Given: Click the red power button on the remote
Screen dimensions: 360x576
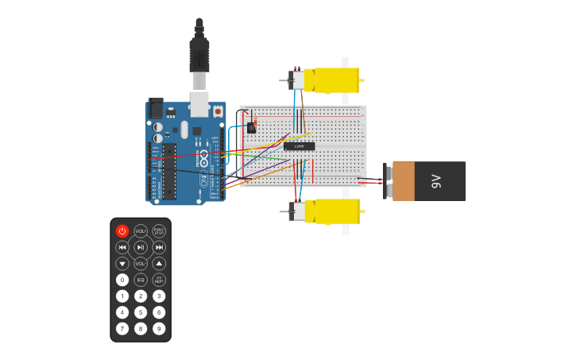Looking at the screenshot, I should (122, 231).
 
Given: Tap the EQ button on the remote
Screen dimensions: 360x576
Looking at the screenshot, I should (141, 280).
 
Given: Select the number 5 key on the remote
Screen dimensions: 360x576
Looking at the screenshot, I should (141, 312).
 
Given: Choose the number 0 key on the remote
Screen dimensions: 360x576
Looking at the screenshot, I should (122, 280).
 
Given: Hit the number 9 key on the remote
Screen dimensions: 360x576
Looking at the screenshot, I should (159, 328).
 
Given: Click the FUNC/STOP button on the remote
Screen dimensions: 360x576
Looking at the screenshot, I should (159, 231).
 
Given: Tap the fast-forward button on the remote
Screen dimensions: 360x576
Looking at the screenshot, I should (159, 247).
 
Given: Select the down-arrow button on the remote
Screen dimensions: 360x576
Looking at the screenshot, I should (122, 263).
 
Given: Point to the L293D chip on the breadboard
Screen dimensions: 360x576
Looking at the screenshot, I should (299, 145).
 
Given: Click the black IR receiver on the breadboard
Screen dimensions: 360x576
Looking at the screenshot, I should (252, 127).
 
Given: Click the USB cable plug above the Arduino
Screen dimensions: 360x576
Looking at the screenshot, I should (199, 60).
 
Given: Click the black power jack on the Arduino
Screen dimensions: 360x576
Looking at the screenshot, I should (156, 107).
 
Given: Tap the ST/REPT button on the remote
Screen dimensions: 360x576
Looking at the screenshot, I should (159, 280).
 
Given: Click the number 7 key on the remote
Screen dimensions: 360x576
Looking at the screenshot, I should (122, 328).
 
